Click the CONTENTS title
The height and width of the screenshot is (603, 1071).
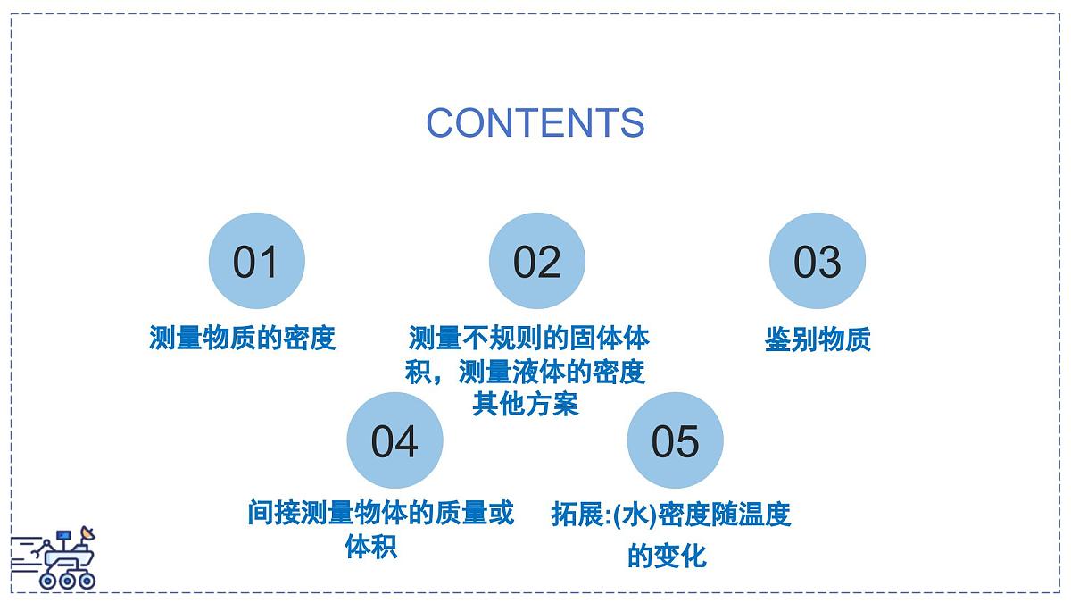[535, 122]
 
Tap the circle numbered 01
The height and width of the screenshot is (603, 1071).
[256, 262]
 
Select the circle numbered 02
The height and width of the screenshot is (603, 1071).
[536, 262]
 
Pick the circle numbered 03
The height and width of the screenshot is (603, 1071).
[817, 262]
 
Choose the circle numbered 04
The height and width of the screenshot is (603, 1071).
[394, 440]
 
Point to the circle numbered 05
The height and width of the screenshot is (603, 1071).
[675, 440]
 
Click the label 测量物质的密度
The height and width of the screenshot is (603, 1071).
[243, 339]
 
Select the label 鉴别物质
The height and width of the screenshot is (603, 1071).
[818, 339]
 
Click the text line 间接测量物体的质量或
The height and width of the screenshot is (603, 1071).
[381, 514]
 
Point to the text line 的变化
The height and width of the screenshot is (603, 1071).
[667, 557]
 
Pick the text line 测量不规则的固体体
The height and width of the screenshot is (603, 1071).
[528, 339]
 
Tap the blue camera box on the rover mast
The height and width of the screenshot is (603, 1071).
[63, 536]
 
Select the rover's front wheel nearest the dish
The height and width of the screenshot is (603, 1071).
[86, 580]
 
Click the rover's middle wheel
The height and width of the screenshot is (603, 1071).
[67, 580]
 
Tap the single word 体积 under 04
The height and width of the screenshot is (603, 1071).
[371, 547]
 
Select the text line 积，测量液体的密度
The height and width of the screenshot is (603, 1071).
[525, 372]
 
